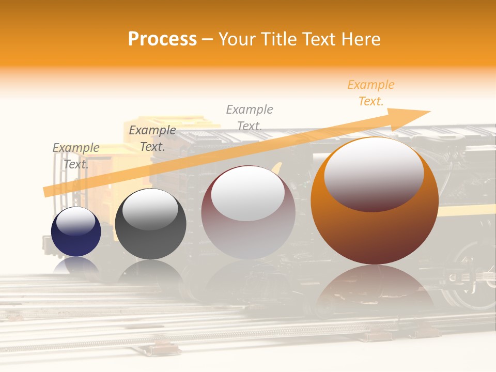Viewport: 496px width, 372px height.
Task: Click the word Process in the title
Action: [x=162, y=39]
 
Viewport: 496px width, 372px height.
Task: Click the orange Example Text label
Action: [x=370, y=93]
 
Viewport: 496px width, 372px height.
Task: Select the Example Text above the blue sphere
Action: [x=76, y=156]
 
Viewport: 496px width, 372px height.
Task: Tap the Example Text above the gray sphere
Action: [x=152, y=138]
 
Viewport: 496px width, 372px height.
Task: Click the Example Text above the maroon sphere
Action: [x=250, y=117]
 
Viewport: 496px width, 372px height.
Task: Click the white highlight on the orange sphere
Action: [x=374, y=173]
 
